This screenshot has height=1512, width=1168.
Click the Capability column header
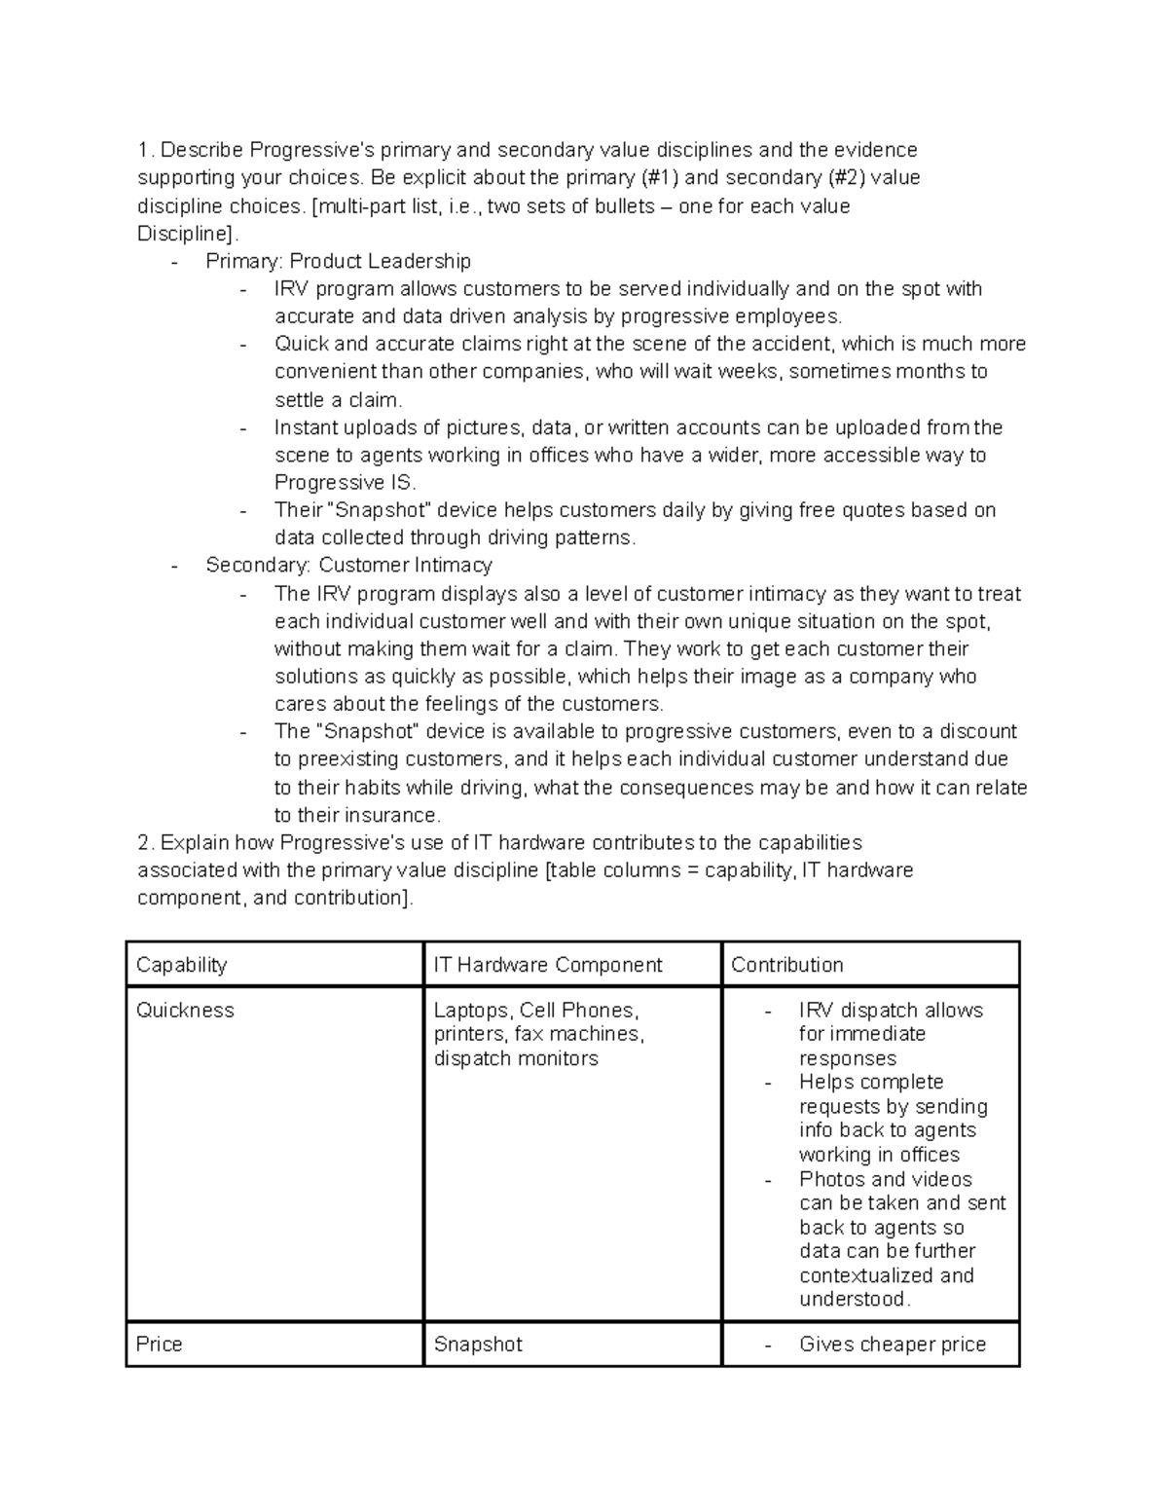182,965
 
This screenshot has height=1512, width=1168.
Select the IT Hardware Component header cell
547,965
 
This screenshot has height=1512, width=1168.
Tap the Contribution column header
786,965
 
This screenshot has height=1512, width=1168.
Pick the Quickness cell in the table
185,1011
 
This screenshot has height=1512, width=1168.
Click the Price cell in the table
160,1345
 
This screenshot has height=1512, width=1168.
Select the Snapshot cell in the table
478,1345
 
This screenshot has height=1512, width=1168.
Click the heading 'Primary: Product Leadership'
338,261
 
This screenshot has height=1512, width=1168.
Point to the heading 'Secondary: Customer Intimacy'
348,565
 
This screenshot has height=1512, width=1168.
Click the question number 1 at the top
144,150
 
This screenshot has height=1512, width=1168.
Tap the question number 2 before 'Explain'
145,842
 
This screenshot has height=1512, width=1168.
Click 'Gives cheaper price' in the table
892,1345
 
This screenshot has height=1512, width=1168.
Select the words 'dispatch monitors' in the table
516,1058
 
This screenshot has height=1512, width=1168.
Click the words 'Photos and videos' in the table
885,1179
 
